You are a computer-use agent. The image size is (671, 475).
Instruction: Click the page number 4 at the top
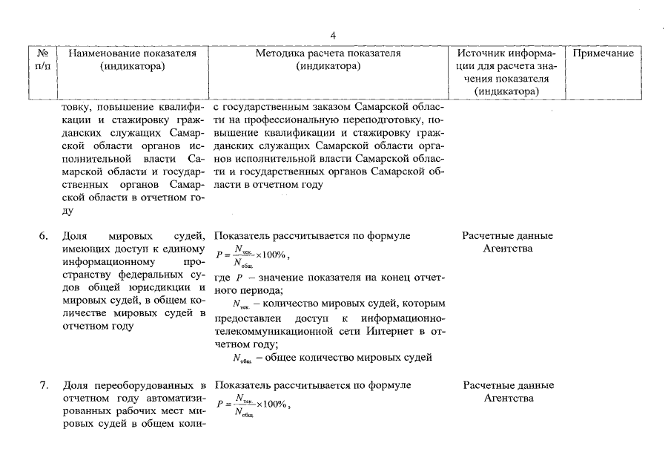pyautogui.click(x=334, y=35)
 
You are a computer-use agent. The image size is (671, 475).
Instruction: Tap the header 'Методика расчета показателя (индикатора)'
pyautogui.click(x=328, y=60)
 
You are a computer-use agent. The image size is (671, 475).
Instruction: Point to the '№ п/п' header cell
pyautogui.click(x=43, y=60)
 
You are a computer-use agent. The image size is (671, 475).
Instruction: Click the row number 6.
pyautogui.click(x=44, y=236)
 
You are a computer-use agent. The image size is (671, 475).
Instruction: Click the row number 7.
pyautogui.click(x=44, y=385)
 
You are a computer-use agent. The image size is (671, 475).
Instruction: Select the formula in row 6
pyautogui.click(x=253, y=256)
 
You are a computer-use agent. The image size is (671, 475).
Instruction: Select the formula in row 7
pyautogui.click(x=253, y=405)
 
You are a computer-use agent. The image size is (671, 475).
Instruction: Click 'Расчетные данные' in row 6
pyautogui.click(x=508, y=236)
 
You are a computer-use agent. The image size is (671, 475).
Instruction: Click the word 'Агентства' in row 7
pyautogui.click(x=508, y=399)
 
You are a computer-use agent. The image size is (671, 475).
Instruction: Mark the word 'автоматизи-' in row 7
pyautogui.click(x=173, y=399)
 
